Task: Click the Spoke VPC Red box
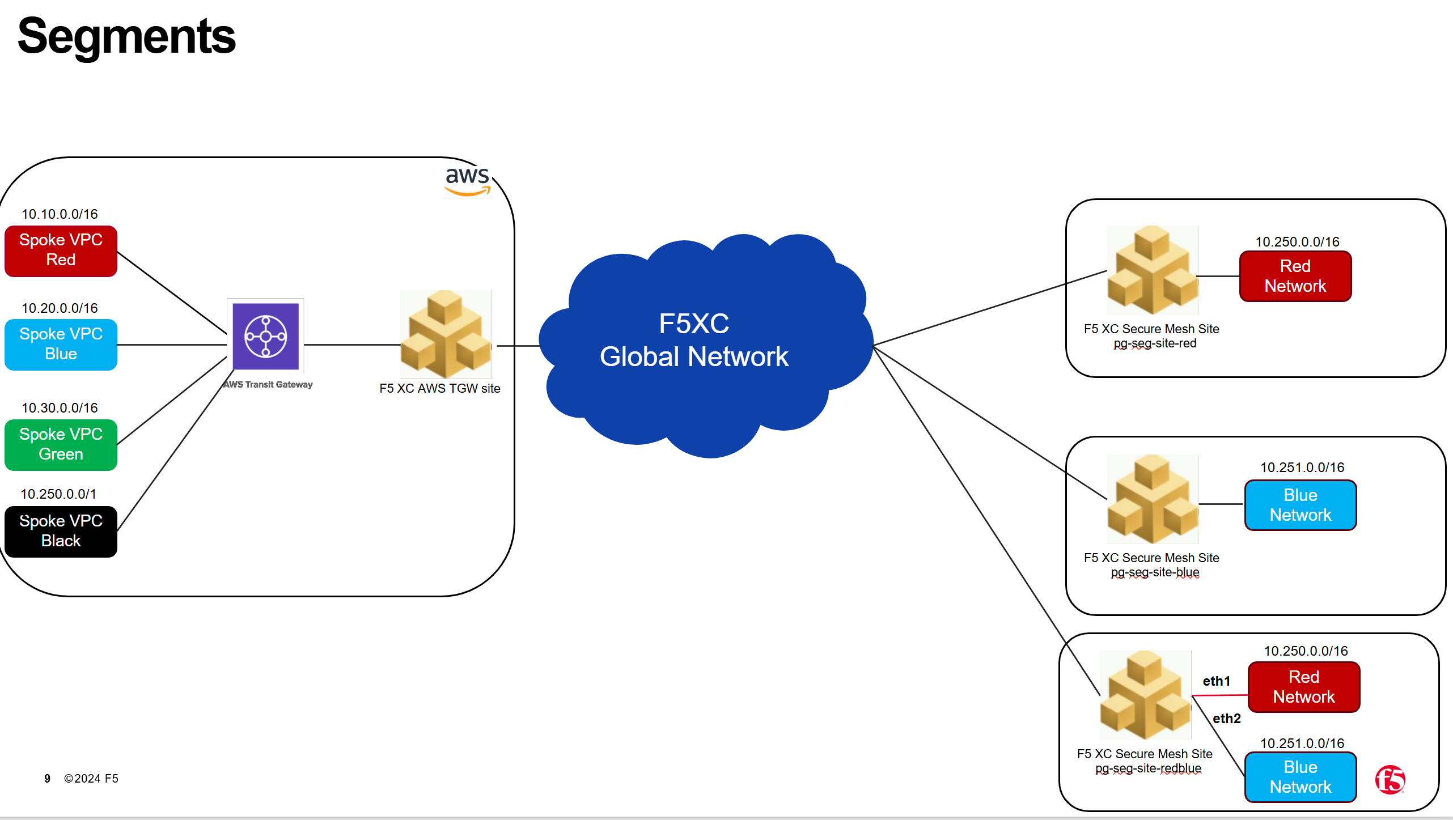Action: [61, 250]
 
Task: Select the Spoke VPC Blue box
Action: [61, 344]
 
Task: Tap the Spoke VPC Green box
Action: [61, 444]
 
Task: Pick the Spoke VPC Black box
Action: [61, 531]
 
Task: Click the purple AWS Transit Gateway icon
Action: [265, 337]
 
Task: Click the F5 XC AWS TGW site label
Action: [439, 389]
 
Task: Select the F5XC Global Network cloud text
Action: [694, 340]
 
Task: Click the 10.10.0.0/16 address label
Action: [60, 214]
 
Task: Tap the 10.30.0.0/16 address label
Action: [60, 408]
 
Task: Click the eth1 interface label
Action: [1216, 681]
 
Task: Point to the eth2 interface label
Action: [1226, 719]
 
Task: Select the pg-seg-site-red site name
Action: [1155, 343]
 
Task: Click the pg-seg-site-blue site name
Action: [1155, 572]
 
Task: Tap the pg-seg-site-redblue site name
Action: [1148, 768]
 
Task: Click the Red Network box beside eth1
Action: [1303, 687]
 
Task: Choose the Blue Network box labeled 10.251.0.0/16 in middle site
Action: [1300, 505]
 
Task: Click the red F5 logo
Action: [1390, 780]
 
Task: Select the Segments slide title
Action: [126, 36]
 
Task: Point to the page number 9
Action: [47, 779]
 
